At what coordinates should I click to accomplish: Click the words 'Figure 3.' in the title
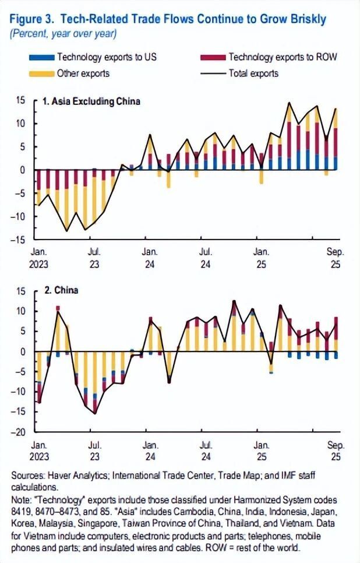(30, 19)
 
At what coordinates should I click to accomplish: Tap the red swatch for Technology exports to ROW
(213, 58)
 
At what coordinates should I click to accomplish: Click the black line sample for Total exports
(213, 73)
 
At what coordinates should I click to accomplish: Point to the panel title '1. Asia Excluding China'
(92, 101)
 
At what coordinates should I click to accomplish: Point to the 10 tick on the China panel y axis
(20, 311)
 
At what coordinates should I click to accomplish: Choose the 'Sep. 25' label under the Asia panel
(335, 258)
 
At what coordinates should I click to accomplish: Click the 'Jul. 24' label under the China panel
(205, 450)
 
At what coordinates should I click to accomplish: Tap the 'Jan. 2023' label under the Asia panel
(38, 258)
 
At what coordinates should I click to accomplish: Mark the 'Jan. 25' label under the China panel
(260, 450)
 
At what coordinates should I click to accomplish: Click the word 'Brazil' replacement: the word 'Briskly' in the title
(307, 19)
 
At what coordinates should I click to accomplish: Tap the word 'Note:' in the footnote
(22, 500)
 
